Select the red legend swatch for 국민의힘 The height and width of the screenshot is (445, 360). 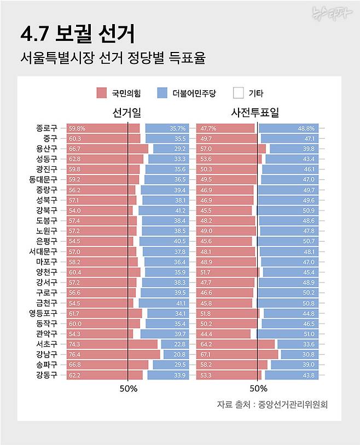pyautogui.click(x=101, y=93)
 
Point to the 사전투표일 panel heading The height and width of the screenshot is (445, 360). pyautogui.click(x=255, y=113)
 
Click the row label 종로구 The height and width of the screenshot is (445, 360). pyautogui.click(x=47, y=128)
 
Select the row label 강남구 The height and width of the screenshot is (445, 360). pyautogui.click(x=47, y=354)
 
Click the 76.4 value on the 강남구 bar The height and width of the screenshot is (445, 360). pyautogui.click(x=75, y=354)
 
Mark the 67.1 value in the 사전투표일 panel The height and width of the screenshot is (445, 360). pyautogui.click(x=206, y=354)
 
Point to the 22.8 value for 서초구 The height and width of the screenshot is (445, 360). pyautogui.click(x=180, y=344)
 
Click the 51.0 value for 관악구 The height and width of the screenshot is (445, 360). pyautogui.click(x=309, y=333)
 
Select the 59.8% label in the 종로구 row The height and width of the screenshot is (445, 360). pyautogui.click(x=77, y=128)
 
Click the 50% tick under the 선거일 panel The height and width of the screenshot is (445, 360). pyautogui.click(x=128, y=389)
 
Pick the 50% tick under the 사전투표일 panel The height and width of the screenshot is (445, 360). pyautogui.click(x=258, y=389)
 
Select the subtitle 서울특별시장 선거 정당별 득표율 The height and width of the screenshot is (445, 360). pyautogui.click(x=112, y=58)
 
